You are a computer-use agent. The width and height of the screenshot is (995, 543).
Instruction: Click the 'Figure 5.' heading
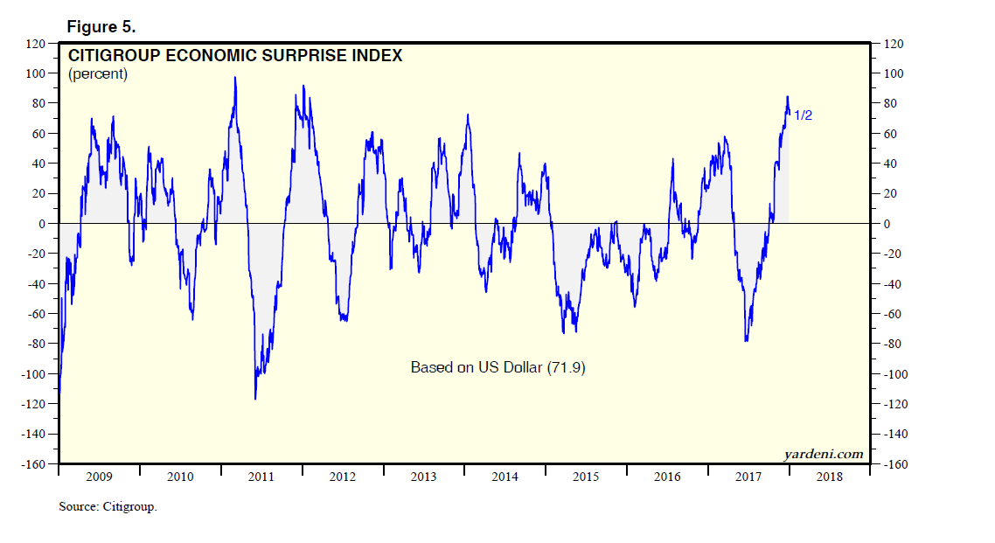coord(101,27)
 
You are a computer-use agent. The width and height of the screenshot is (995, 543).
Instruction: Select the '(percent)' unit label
coord(98,74)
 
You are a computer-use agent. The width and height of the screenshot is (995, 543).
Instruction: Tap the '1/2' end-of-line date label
coord(803,115)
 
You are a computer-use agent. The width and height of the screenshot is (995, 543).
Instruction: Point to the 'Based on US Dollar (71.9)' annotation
coord(497,368)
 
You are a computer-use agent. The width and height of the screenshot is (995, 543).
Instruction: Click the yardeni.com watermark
coord(822,454)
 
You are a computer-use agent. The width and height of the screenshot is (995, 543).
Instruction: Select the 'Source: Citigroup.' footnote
coord(108,506)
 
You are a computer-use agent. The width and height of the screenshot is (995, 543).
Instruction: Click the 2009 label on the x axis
coord(99,477)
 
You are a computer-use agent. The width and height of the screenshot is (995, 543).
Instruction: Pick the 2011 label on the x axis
coord(261,477)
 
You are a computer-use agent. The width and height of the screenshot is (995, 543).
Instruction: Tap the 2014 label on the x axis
coord(504,477)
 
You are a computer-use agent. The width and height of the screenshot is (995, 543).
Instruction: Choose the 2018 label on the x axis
coord(830,477)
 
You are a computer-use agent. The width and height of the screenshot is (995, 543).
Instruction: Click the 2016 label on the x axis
coord(667,477)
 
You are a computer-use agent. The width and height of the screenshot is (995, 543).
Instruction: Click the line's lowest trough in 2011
coord(255,399)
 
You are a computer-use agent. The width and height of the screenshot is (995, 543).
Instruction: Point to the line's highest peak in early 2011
coord(235,78)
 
